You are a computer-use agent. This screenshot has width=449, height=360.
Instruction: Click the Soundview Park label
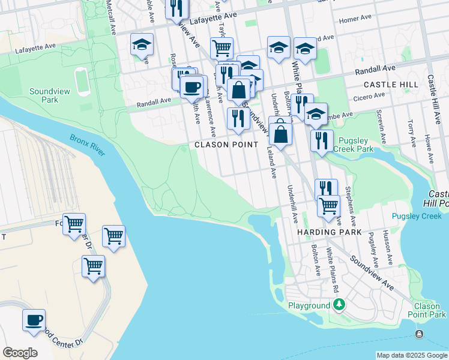tap(44, 95)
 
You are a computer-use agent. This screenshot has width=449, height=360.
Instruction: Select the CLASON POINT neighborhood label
tap(226, 145)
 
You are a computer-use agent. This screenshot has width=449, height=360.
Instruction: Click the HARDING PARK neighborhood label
tap(329, 232)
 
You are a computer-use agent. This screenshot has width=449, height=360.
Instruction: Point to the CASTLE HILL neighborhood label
tap(391, 85)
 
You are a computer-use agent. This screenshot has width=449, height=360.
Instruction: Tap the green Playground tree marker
tap(339, 305)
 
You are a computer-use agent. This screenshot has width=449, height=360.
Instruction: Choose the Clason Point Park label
tap(427, 310)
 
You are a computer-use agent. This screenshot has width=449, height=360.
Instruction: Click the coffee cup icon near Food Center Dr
tap(34, 320)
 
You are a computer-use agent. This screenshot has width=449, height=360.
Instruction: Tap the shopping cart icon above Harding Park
tap(328, 206)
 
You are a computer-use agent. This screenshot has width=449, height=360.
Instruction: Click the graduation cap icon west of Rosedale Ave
tap(142, 44)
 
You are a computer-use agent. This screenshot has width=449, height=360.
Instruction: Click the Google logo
tap(20, 353)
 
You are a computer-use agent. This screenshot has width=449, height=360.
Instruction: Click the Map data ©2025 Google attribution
tap(412, 355)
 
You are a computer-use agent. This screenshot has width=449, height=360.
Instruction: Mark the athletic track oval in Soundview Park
tap(80, 79)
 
